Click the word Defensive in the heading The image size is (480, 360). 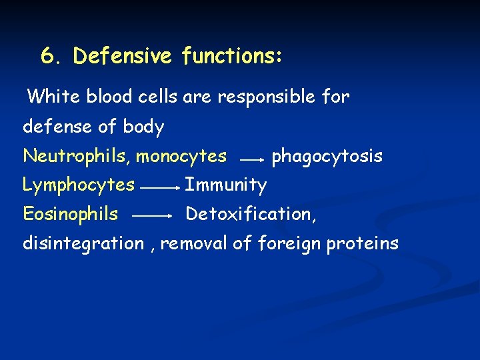coord(122,56)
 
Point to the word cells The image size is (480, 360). coord(159,97)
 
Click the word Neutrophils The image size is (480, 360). coord(76,156)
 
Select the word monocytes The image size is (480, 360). coord(181,157)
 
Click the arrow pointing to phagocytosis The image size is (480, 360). coord(252,160)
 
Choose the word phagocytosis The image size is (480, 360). coord(327,157)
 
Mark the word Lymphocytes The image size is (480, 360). coord(79,185)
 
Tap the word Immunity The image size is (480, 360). coord(225,185)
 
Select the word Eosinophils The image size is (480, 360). coord(71,214)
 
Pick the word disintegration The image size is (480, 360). coord(83,243)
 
